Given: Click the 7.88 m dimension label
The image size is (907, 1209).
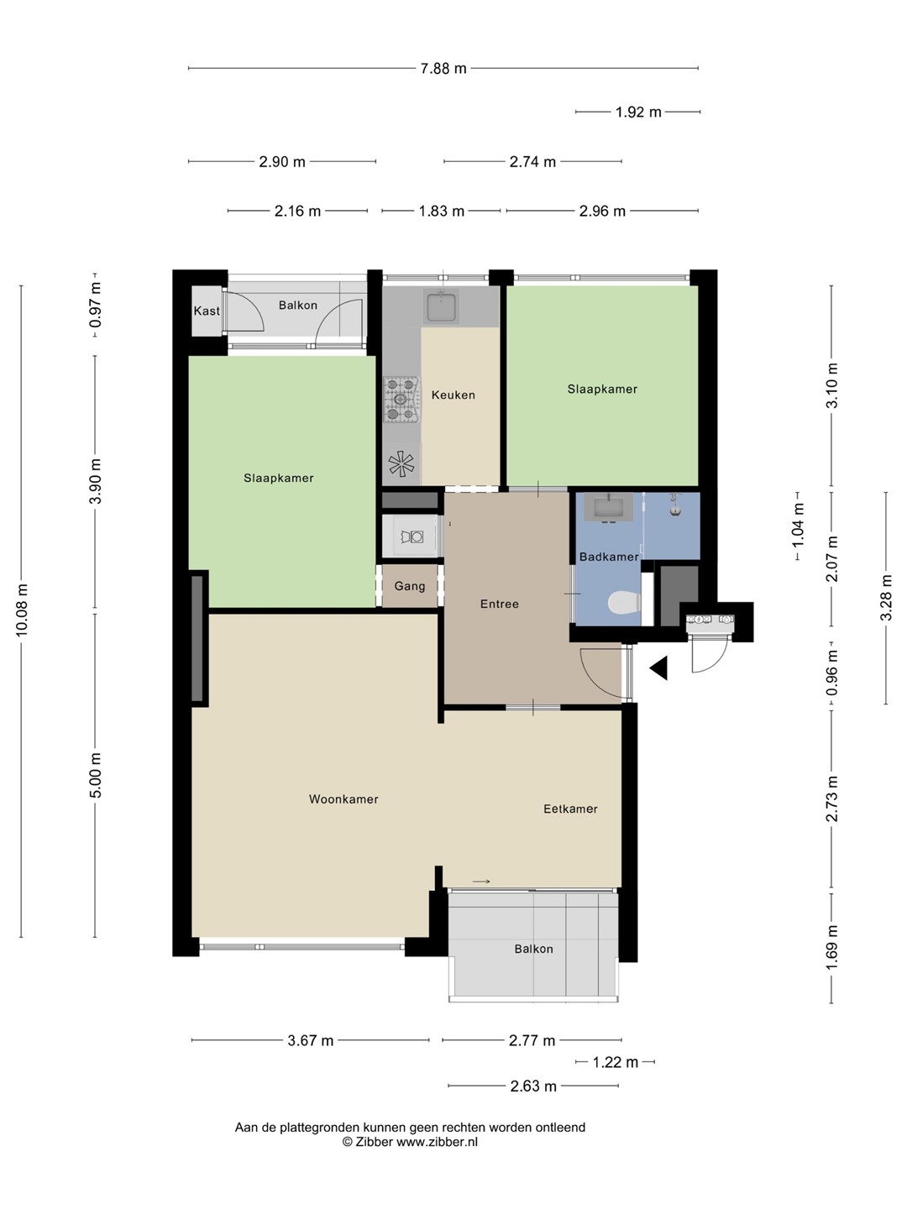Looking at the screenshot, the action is coord(443,68).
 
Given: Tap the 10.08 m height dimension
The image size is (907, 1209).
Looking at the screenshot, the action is coord(22,611).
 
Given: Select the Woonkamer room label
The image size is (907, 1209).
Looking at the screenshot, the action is coord(343,799).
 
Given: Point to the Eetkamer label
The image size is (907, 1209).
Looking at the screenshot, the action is coord(570,809).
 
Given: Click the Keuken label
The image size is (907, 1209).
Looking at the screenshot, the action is coord(453,395).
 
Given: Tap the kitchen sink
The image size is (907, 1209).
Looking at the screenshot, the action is coord(441,306).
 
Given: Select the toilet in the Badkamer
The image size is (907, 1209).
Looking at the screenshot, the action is coord(625,602).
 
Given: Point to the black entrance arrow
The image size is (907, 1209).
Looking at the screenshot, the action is coord(658,668).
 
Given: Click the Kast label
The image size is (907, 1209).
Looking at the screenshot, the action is coord(207,311).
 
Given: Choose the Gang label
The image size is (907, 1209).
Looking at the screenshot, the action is coord(410,586).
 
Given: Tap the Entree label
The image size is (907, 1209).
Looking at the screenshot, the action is coord(500,604).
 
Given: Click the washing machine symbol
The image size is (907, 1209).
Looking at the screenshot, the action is coord(412,536).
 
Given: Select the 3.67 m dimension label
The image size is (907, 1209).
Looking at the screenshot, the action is coord(311,1040).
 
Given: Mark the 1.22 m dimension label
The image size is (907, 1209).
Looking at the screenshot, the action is coord(615,1062).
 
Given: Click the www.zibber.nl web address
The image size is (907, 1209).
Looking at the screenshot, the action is coord(438,1142).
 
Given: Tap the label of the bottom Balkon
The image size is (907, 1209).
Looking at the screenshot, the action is coord(533,949).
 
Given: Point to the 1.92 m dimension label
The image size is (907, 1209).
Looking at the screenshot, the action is coord(638,113).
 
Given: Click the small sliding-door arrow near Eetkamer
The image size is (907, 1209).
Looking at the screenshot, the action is coord(481,882).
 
